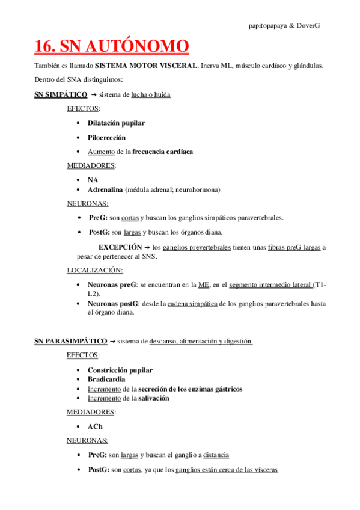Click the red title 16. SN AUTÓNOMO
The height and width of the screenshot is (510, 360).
click(x=111, y=46)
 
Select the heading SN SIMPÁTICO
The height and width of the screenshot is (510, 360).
click(x=61, y=94)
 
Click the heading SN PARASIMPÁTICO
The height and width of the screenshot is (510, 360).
click(x=70, y=341)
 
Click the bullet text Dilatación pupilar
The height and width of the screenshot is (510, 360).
click(x=116, y=123)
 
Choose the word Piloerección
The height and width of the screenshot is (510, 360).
click(x=106, y=137)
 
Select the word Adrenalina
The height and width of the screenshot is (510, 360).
click(x=105, y=189)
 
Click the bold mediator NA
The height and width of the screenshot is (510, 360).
click(x=93, y=180)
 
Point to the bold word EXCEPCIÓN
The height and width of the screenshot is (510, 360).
click(x=120, y=247)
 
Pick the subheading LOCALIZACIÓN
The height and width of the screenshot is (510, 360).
click(x=94, y=270)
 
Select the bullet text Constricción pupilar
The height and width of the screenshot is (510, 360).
click(x=120, y=370)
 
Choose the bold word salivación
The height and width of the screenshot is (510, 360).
click(x=154, y=398)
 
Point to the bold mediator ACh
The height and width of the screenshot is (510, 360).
click(x=95, y=426)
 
